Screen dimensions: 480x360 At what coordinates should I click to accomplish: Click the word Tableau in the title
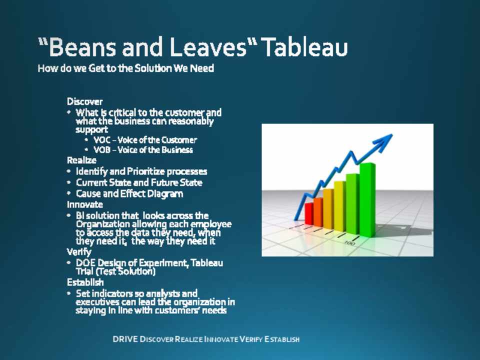305,47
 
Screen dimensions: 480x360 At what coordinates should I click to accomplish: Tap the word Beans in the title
81,47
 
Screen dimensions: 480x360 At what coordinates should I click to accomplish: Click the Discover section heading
85,101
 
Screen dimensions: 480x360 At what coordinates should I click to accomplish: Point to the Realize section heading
81,160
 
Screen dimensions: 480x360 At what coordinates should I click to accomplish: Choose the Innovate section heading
85,204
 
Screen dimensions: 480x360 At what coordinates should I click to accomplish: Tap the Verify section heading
79,252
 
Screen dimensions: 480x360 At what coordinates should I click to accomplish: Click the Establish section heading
85,282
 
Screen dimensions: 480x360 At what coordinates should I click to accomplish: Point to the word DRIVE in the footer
125,339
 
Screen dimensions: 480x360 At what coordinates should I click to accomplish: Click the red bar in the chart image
309,213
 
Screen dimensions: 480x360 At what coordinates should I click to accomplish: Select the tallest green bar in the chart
367,200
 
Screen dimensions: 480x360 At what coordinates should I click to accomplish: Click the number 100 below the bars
349,243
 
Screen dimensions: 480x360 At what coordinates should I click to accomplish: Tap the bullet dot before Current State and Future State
69,182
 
